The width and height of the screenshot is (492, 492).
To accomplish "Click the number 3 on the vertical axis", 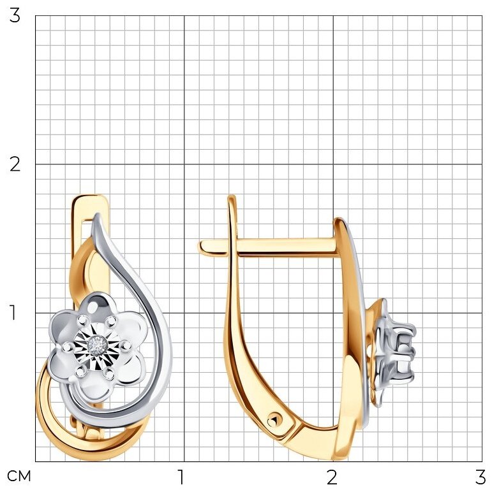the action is click(x=15, y=16).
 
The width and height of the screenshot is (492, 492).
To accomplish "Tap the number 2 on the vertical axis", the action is click(x=15, y=164).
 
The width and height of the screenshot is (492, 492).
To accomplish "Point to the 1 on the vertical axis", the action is click(x=13, y=313).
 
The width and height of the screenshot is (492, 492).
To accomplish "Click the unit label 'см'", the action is click(x=19, y=476).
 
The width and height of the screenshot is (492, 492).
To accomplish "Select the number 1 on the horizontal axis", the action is click(x=181, y=477).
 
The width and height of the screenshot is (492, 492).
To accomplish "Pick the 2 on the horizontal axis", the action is click(x=332, y=477).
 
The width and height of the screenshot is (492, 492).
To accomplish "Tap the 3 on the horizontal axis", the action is click(x=481, y=477).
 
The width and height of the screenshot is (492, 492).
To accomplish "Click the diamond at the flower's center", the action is click(x=96, y=345).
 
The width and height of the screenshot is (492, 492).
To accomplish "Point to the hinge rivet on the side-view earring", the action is click(x=274, y=420).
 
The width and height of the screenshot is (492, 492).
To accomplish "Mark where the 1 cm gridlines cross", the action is click(x=184, y=313).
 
